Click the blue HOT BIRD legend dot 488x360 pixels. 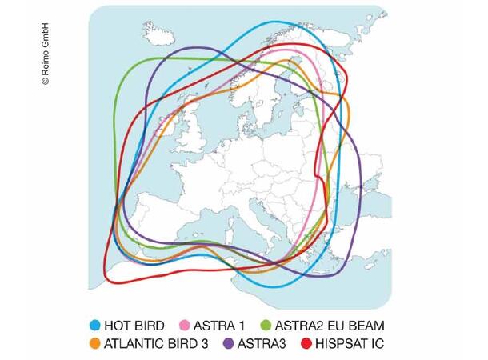point(95,326)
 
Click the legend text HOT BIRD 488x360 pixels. point(134,326)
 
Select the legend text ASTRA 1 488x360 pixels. point(218,326)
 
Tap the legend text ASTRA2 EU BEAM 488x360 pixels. point(330,326)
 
